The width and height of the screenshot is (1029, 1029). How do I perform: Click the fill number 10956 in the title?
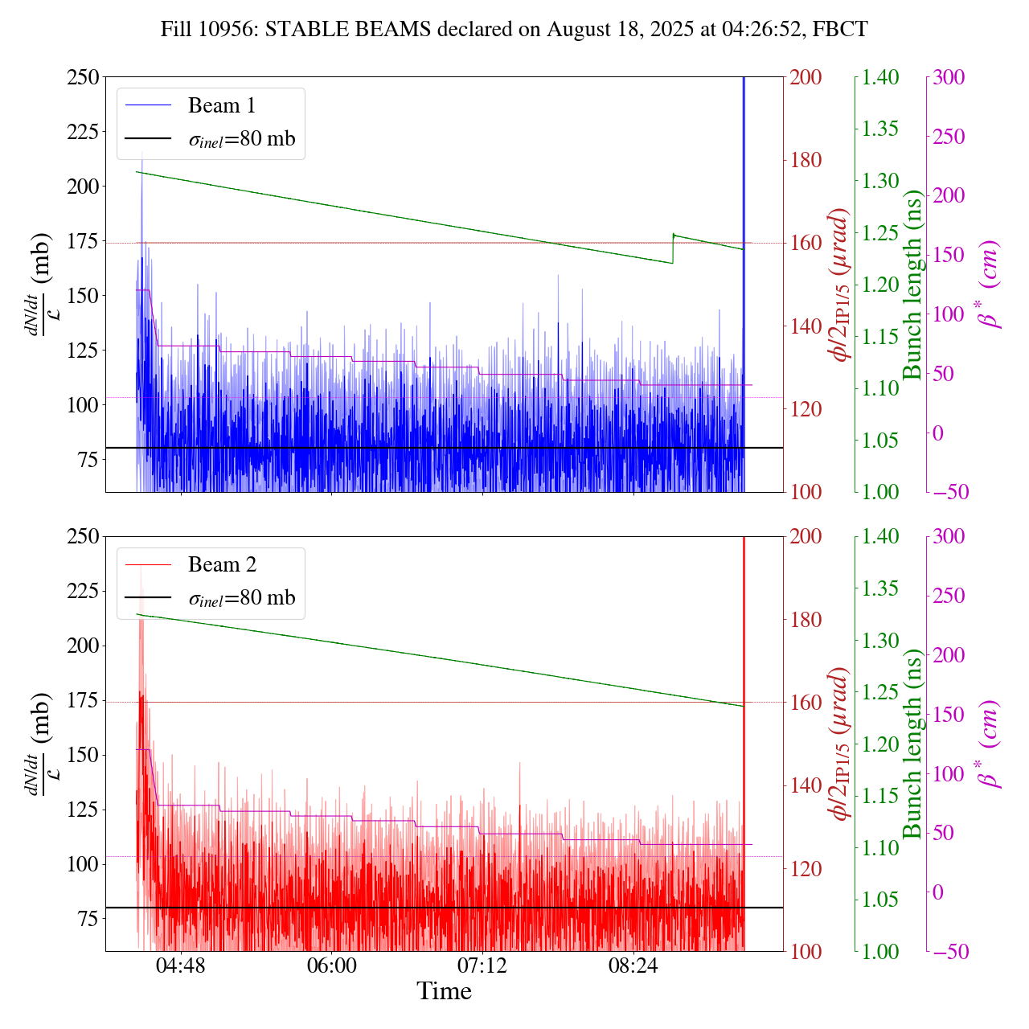click(x=233, y=30)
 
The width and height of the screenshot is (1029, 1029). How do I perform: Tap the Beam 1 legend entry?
click(x=221, y=106)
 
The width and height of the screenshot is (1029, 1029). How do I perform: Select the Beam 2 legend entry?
click(x=222, y=565)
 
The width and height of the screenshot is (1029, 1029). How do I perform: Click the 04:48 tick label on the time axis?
click(x=181, y=965)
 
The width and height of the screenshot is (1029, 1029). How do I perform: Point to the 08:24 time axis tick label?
click(x=633, y=965)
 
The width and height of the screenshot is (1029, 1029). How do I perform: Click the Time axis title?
click(x=444, y=991)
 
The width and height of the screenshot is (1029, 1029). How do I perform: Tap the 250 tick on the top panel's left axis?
click(x=83, y=77)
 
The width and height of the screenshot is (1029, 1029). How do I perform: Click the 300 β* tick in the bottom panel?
click(x=949, y=537)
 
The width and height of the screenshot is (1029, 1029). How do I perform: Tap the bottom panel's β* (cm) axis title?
click(x=989, y=744)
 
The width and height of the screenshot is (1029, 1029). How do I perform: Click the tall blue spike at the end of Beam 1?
click(x=744, y=161)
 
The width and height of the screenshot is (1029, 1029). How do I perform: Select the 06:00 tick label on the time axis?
click(x=331, y=965)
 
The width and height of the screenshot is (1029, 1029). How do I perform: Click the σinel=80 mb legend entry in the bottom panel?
click(x=241, y=598)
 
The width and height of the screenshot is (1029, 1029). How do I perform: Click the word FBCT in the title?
click(x=840, y=30)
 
